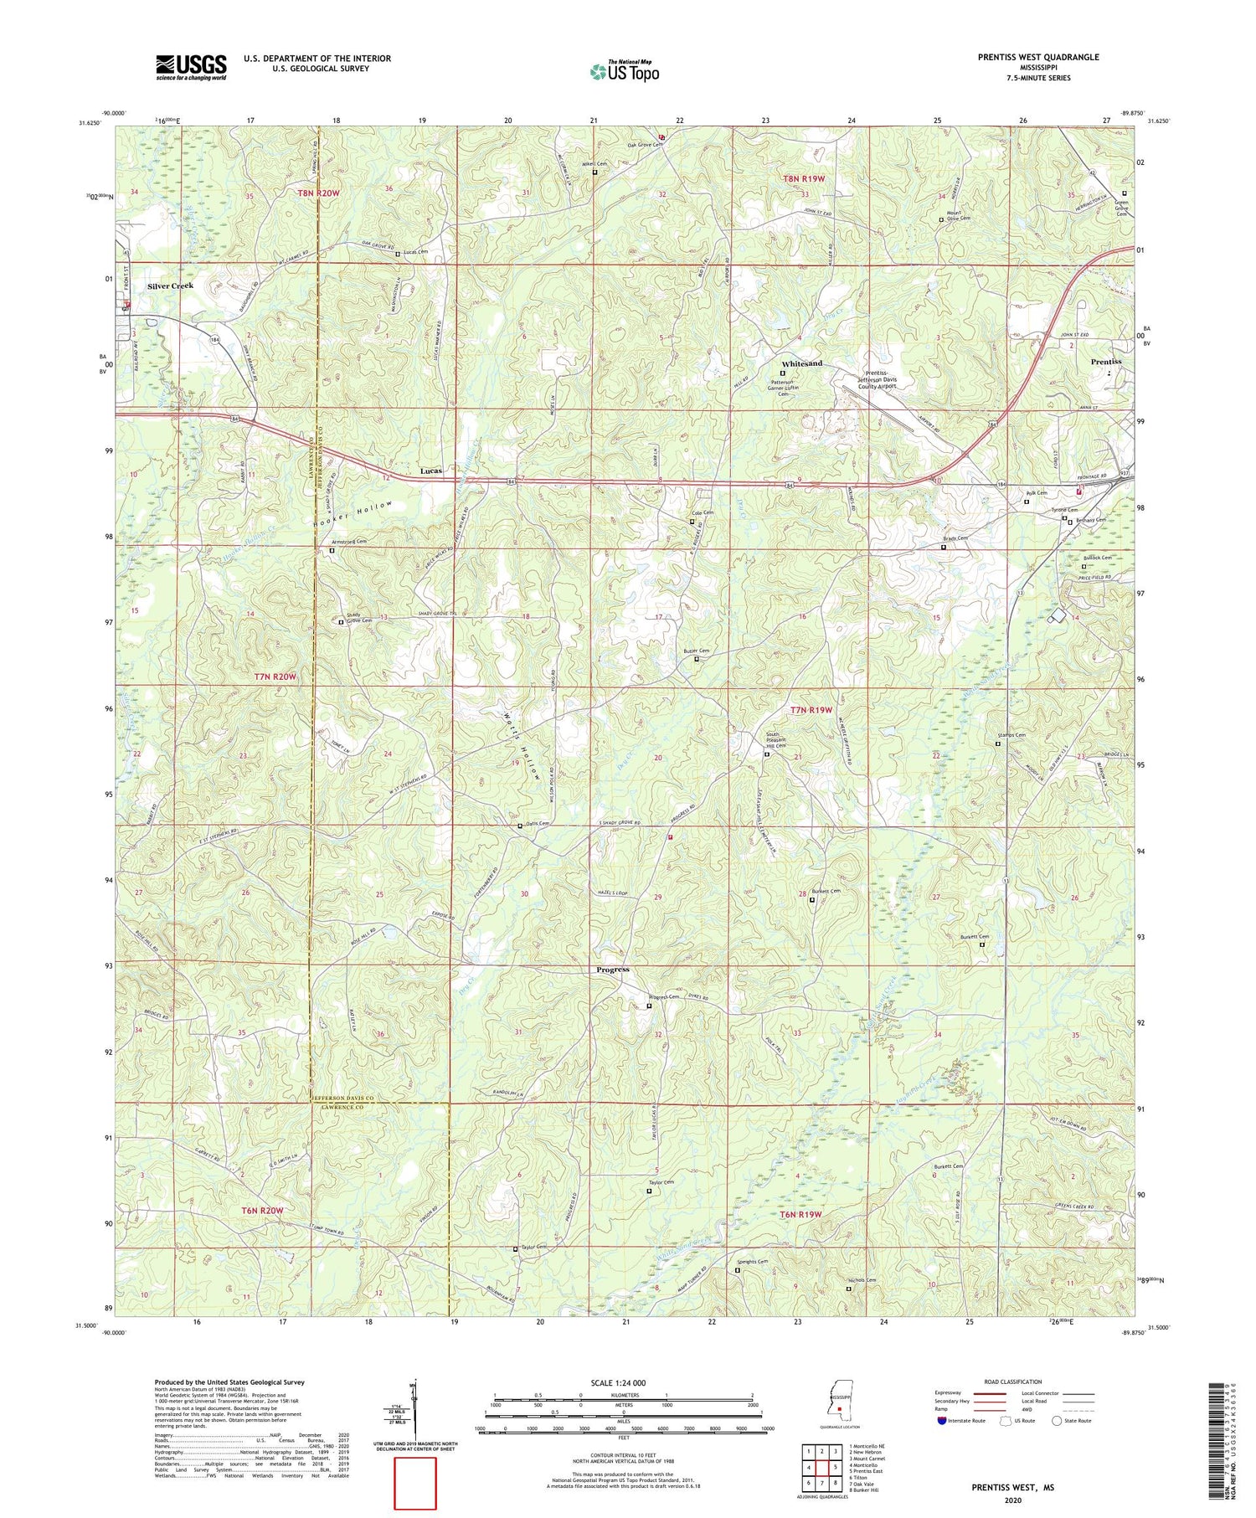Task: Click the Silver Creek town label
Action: click(x=170, y=286)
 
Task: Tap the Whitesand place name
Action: click(x=801, y=363)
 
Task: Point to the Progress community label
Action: click(x=612, y=970)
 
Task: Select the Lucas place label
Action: click(x=430, y=471)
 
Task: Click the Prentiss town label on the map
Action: click(x=1105, y=362)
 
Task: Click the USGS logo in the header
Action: click(x=191, y=67)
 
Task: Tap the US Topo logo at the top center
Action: click(x=624, y=71)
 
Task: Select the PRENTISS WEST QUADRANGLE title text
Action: click(x=1038, y=58)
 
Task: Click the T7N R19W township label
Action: click(x=811, y=710)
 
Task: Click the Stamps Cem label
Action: click(x=1011, y=735)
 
